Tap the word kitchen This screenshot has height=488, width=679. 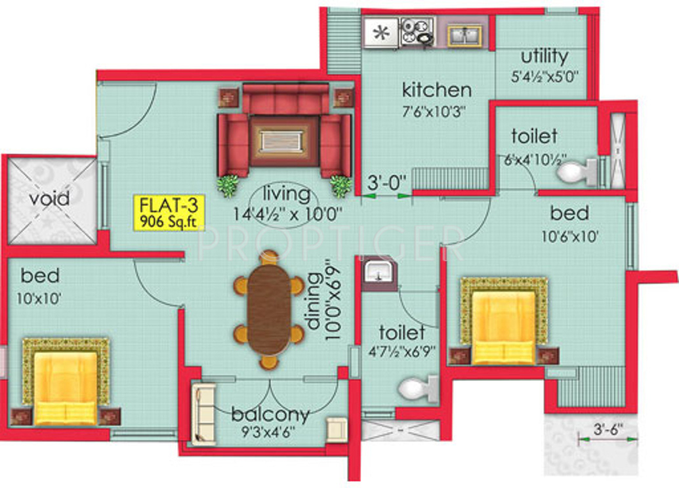[x=436, y=89]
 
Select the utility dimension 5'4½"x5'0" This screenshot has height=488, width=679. [x=545, y=76]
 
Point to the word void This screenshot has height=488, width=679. [x=50, y=199]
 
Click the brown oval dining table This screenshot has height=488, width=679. [x=269, y=308]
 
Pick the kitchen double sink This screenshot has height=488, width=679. [x=466, y=33]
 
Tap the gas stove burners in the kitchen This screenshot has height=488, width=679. [x=417, y=31]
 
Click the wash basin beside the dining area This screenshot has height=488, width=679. [x=379, y=272]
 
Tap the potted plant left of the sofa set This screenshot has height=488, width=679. [x=228, y=186]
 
